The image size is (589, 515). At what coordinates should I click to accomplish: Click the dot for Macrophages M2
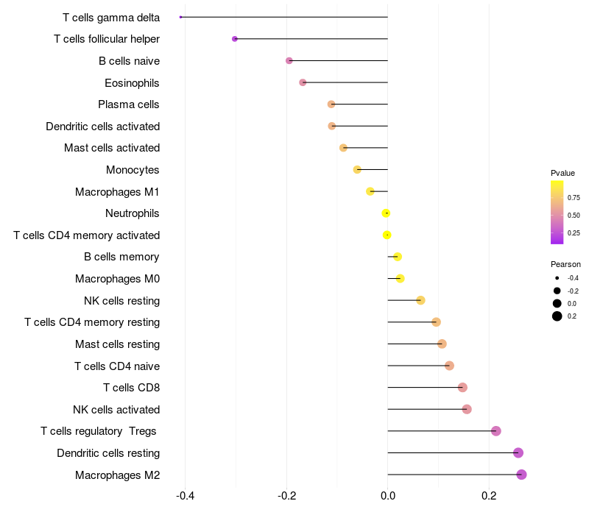click(x=521, y=475)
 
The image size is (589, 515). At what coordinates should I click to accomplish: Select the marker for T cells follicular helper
click(x=235, y=39)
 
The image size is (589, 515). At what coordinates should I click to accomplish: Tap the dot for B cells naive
click(x=289, y=61)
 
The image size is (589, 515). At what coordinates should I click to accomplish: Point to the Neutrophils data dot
click(x=386, y=213)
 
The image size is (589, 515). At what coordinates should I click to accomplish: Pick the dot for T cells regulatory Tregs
click(x=495, y=431)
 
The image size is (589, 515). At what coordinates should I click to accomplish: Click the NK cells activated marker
click(x=467, y=409)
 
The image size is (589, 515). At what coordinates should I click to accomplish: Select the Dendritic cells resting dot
click(x=518, y=452)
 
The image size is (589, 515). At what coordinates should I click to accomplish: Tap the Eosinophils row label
click(x=132, y=82)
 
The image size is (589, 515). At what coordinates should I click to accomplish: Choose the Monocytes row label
click(x=133, y=170)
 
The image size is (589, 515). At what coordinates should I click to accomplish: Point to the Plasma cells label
click(x=129, y=104)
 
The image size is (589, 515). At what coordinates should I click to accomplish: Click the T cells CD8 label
click(x=131, y=388)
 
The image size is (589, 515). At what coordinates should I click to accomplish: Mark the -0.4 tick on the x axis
click(x=185, y=496)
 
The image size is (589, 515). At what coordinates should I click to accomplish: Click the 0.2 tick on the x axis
click(x=489, y=496)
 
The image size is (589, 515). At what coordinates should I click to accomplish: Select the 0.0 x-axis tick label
click(x=387, y=496)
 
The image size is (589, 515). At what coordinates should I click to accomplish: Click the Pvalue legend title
click(x=562, y=173)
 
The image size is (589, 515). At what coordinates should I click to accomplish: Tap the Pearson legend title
click(x=565, y=264)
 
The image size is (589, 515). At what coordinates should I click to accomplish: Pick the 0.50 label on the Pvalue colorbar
click(x=574, y=215)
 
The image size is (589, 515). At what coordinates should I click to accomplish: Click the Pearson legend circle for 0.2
click(x=557, y=316)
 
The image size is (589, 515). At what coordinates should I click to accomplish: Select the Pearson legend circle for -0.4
click(x=557, y=278)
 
